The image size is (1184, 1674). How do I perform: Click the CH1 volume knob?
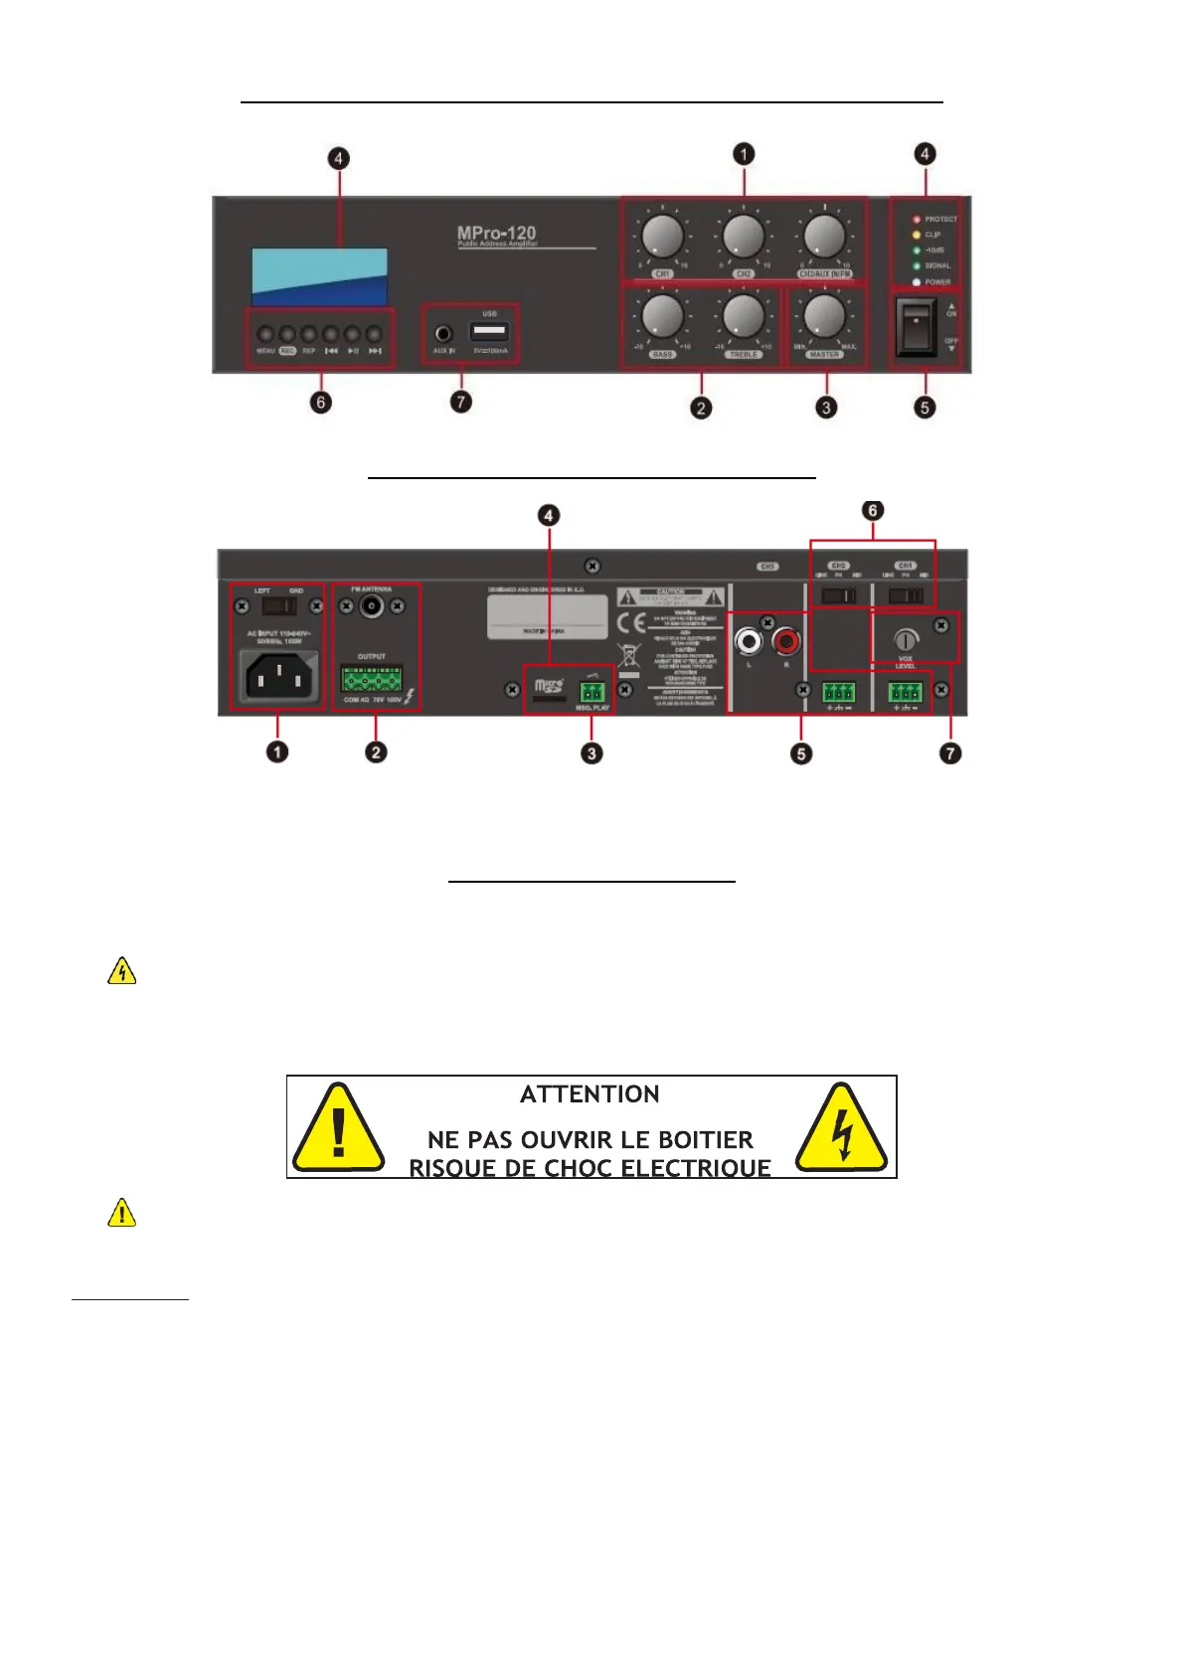pos(662,237)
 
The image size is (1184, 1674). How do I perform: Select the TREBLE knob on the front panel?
pos(743,316)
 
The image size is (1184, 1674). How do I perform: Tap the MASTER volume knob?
pos(823,316)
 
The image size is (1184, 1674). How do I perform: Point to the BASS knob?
pos(662,316)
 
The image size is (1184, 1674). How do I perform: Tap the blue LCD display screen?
pos(319,276)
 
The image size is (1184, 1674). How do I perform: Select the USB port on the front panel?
pos(489,332)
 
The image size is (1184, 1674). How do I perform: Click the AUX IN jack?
pos(443,334)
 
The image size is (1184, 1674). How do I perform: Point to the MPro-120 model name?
pos(496,234)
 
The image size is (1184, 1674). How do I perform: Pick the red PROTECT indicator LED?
pos(917,219)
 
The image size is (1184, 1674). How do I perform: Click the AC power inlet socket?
pos(279,678)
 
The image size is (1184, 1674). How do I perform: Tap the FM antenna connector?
pos(372,605)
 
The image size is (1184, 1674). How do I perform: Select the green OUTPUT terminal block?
pos(372,679)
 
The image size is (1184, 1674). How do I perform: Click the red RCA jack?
pos(786,641)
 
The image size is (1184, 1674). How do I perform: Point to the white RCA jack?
pos(748,641)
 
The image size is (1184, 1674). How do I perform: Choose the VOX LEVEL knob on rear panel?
pos(905,639)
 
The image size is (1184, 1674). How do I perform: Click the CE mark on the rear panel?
pos(631,624)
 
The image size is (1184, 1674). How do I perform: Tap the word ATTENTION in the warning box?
pos(590,1094)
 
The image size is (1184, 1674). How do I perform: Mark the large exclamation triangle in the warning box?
pos(338,1129)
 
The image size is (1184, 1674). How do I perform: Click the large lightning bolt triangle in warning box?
pos(841,1129)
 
